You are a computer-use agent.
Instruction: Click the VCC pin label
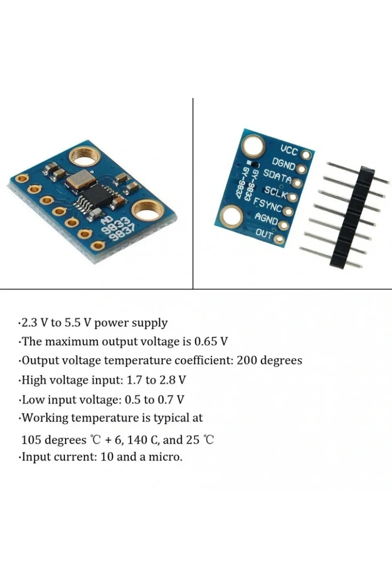coord(290,150)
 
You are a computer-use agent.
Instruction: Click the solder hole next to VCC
coord(306,154)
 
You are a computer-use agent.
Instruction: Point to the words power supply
coord(131,323)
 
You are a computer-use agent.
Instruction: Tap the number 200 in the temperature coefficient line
coord(246,360)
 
